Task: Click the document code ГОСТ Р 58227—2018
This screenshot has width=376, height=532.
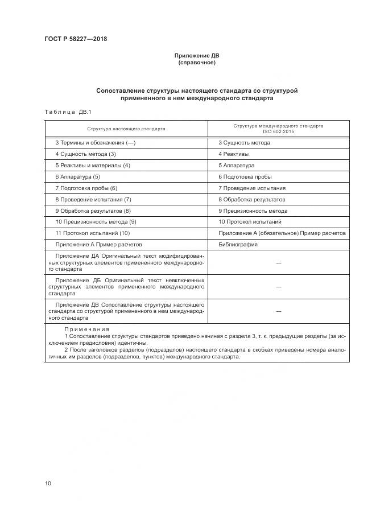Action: [76, 39]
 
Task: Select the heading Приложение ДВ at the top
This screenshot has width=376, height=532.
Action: [197, 56]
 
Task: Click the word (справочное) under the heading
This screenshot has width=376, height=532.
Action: [197, 63]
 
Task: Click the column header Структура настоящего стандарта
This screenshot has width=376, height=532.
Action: [126, 129]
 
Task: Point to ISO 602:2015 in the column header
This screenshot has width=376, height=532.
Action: [278, 131]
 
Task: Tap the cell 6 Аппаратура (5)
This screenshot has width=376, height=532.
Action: [77, 176]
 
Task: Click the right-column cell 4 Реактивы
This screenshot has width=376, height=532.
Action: [233, 154]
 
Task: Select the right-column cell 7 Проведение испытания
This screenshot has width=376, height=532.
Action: [252, 188]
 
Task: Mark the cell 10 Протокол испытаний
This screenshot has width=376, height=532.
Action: [250, 222]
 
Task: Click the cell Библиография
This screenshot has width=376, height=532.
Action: [238, 245]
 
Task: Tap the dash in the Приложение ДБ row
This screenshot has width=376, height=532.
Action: [279, 287]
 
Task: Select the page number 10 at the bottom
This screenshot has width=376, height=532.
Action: [48, 484]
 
